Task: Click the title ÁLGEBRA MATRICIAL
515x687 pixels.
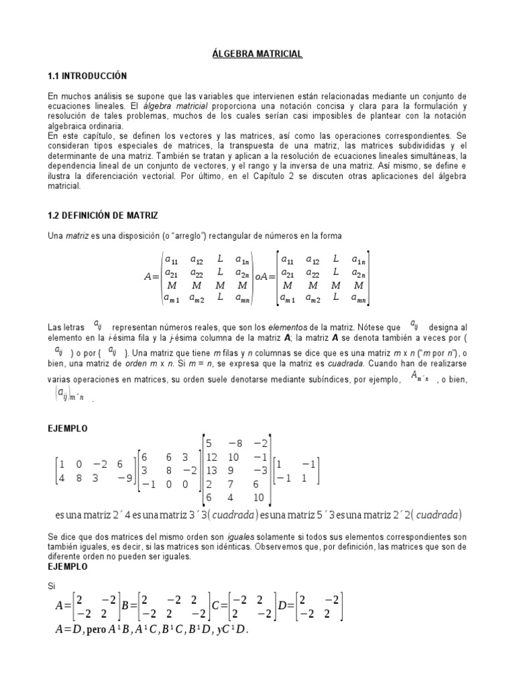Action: click(257, 54)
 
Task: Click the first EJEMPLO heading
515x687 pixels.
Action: click(68, 428)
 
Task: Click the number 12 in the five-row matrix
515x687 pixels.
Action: click(214, 457)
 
